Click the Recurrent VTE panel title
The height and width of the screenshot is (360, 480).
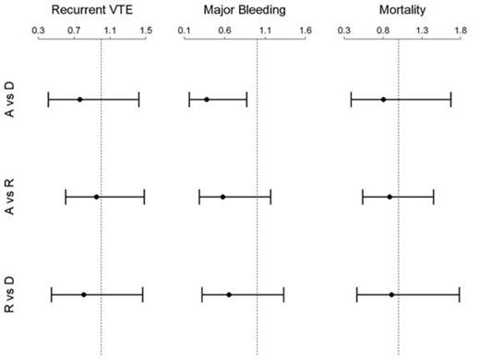click(x=92, y=10)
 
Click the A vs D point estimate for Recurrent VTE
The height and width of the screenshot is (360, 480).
click(x=79, y=99)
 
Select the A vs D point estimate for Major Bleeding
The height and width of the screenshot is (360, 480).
click(x=206, y=99)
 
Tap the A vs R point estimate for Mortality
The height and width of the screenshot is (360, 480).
click(x=390, y=197)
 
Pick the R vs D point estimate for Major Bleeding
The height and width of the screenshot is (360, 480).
click(x=229, y=294)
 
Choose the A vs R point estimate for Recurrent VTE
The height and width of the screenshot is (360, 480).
click(x=96, y=197)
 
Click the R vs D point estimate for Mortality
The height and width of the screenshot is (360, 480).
click(x=391, y=294)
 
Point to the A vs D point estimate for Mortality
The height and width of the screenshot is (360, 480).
click(x=383, y=99)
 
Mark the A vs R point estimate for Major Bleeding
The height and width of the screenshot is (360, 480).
click(x=222, y=197)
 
